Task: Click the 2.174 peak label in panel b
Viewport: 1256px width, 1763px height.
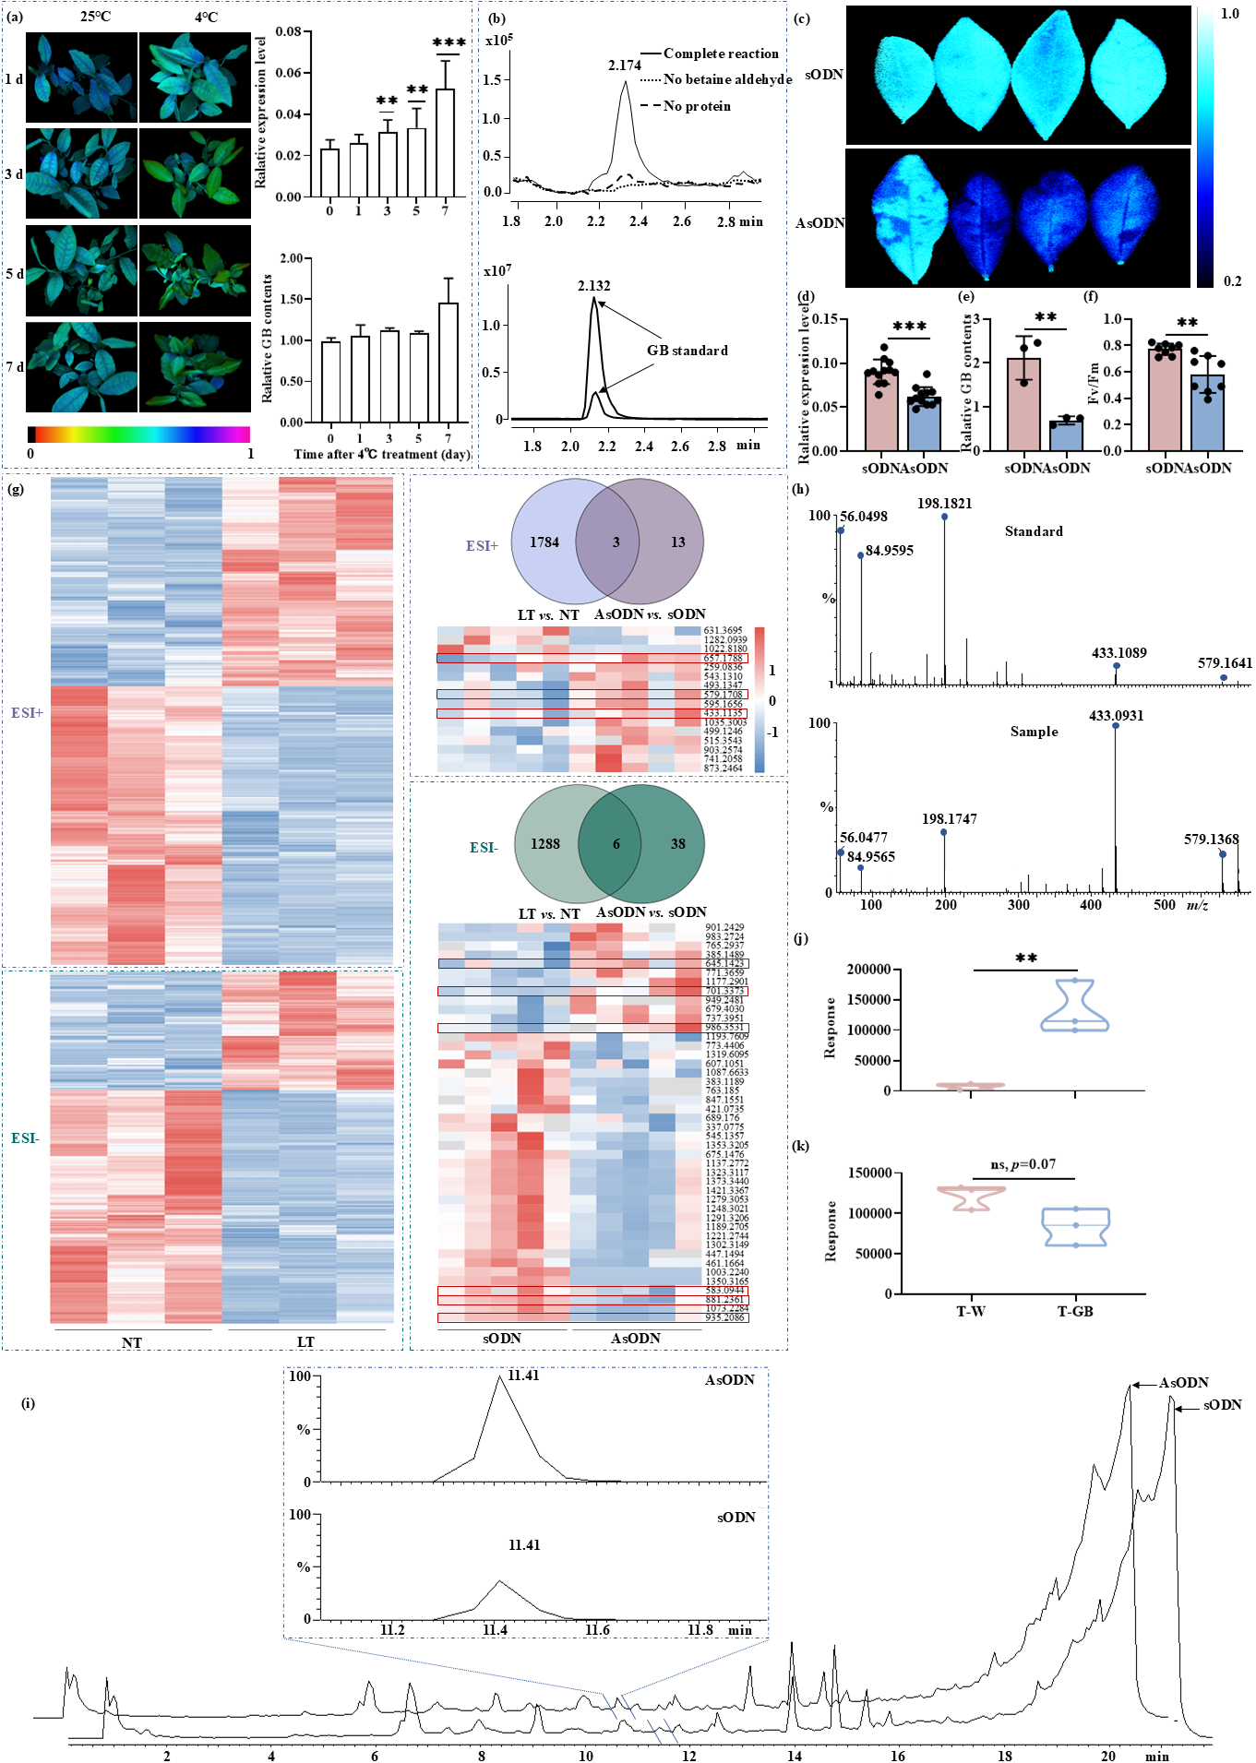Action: pos(624,66)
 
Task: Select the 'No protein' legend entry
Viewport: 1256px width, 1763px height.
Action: pos(697,106)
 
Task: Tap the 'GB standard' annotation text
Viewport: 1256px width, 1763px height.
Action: pos(687,351)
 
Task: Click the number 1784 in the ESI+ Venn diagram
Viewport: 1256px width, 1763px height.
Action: pos(544,542)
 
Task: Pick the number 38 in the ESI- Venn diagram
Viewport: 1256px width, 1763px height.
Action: pos(677,843)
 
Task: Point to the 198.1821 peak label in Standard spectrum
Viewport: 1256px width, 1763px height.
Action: pos(944,504)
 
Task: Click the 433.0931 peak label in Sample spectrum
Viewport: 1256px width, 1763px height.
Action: pos(1116,715)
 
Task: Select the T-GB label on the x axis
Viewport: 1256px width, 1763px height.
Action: pos(1075,1311)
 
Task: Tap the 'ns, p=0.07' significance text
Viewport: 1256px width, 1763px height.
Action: pos(1023,1164)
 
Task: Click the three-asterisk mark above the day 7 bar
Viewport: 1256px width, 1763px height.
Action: pos(449,43)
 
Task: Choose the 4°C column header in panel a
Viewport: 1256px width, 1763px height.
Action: pos(206,17)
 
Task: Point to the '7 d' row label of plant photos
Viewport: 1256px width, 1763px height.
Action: pos(15,367)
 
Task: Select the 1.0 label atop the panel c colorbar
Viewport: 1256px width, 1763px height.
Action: pos(1229,14)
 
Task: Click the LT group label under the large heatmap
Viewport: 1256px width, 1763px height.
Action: pos(305,1342)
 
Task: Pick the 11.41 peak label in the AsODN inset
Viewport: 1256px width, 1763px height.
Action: pos(523,1376)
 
